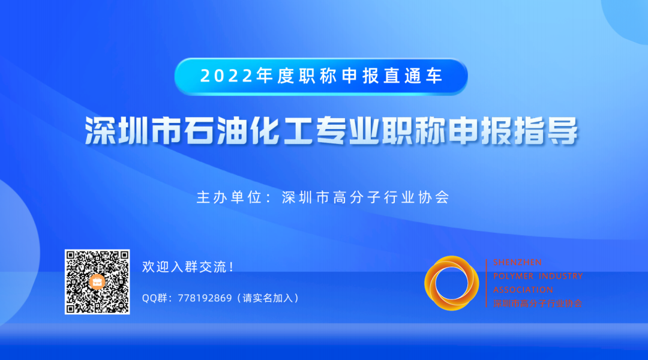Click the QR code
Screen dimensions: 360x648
click(x=97, y=281)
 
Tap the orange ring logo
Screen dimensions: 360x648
click(x=451, y=283)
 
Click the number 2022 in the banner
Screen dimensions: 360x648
click(x=221, y=76)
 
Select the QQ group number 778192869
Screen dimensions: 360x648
click(x=205, y=298)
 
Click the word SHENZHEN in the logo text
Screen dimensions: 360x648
click(x=517, y=263)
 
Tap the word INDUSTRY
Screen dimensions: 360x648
click(x=561, y=276)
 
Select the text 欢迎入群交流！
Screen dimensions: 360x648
click(x=188, y=267)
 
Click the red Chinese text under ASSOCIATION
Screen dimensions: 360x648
click(x=538, y=304)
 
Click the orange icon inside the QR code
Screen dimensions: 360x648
click(x=97, y=281)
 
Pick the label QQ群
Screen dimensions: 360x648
click(x=157, y=298)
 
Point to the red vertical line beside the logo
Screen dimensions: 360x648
click(x=487, y=283)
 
